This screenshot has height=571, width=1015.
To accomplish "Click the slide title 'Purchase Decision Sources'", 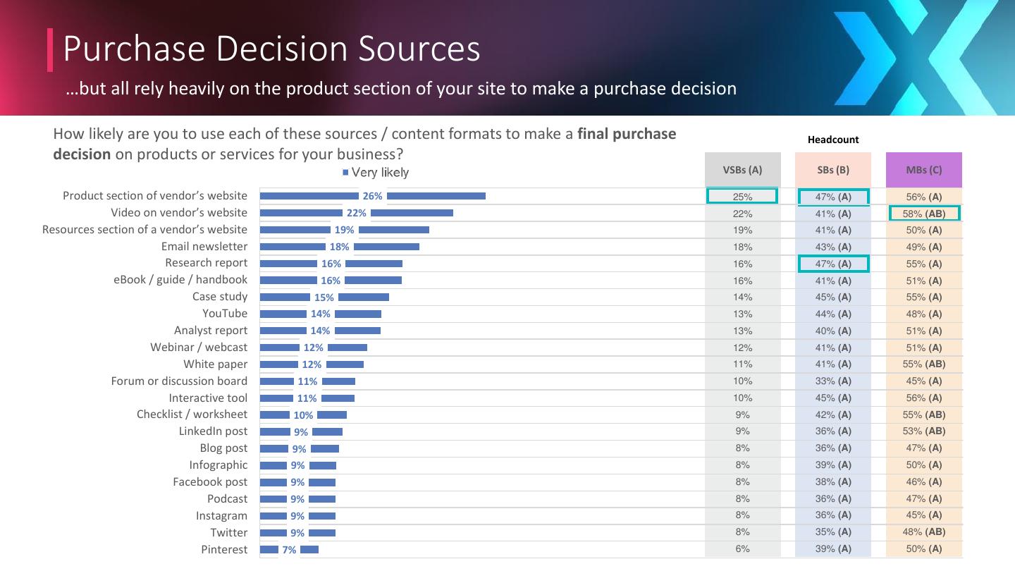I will coord(271,49).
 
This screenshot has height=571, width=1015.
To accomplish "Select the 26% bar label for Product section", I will coord(372,197).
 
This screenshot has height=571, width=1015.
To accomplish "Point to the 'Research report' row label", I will coord(206,264).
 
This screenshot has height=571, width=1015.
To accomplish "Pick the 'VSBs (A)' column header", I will coord(742,170).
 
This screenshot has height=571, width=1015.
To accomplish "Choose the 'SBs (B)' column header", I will coord(833,170).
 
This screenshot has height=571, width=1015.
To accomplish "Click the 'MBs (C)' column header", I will coord(923,170).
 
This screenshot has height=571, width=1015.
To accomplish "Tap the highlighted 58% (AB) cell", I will coord(924,214).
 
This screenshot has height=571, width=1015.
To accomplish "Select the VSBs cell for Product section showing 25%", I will coord(742,197).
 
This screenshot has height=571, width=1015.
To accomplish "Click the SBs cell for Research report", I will coord(833,264).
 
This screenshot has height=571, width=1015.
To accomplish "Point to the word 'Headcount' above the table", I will coord(833,140).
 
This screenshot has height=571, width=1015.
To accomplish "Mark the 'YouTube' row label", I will coord(225,314).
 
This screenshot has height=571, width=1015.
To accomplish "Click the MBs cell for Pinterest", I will coord(924,549).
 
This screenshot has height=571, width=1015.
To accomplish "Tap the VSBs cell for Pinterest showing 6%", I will coord(742,549).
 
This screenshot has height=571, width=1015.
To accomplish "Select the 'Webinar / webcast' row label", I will coord(199,348).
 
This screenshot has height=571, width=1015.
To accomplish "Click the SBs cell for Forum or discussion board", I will coord(833,381).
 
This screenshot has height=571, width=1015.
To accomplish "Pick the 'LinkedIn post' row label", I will coord(213,431).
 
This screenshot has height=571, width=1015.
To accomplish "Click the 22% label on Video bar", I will coord(356,214).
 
